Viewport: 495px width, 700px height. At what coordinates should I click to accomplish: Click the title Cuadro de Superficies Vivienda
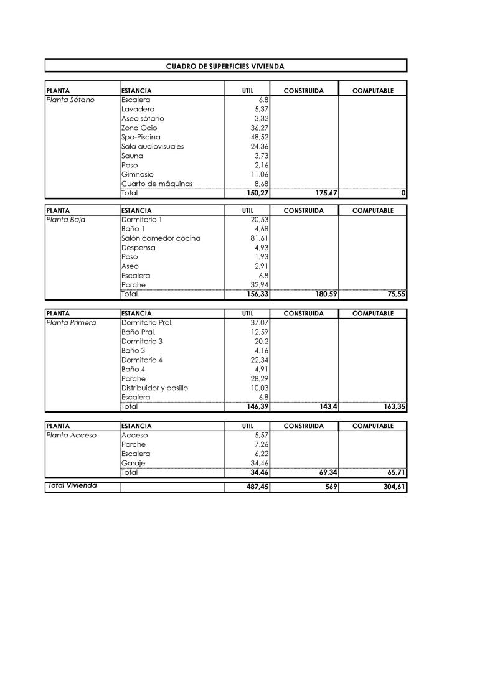click(x=225, y=65)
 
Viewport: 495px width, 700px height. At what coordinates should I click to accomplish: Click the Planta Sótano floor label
click(x=70, y=100)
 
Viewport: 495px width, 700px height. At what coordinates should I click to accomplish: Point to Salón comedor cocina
click(x=161, y=238)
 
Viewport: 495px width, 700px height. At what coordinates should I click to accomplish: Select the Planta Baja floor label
click(x=65, y=220)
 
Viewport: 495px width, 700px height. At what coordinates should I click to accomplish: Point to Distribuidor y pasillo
click(x=154, y=388)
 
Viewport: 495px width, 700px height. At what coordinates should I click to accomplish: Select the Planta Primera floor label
click(x=71, y=323)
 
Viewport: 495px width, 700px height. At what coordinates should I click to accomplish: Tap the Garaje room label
click(x=133, y=463)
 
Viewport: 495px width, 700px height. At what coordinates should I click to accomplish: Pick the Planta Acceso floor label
click(x=71, y=435)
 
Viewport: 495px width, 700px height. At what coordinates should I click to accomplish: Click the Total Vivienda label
click(x=72, y=485)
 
